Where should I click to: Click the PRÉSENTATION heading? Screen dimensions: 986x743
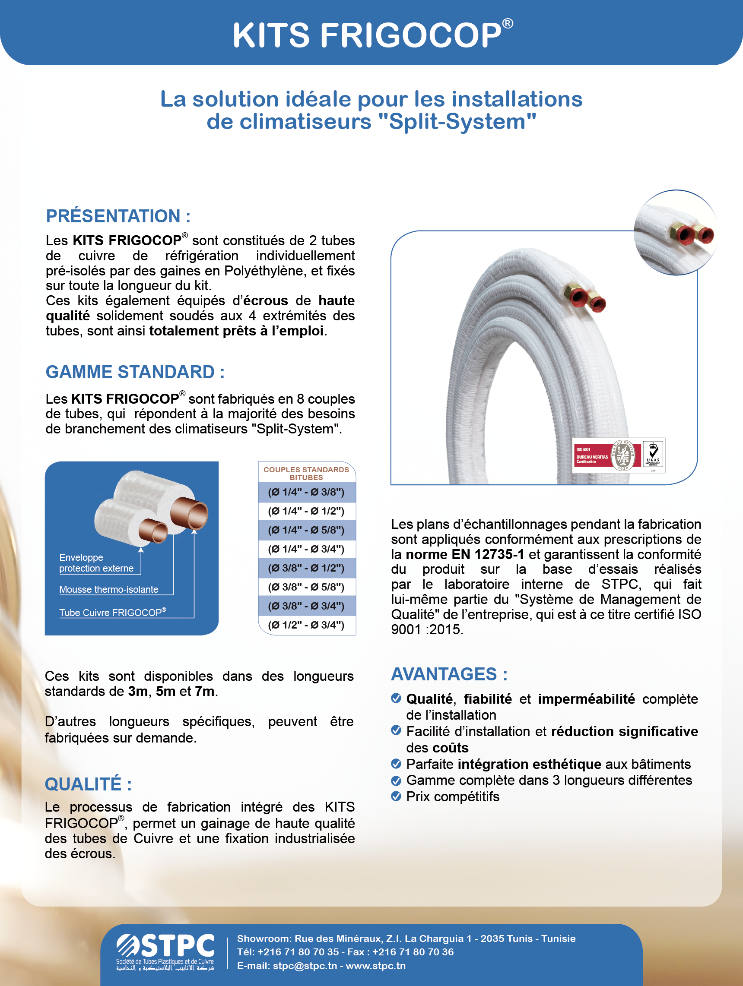pyautogui.click(x=118, y=216)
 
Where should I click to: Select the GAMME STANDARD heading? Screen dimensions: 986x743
pyautogui.click(x=135, y=372)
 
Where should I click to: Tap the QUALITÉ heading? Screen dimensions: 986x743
pyautogui.click(x=88, y=784)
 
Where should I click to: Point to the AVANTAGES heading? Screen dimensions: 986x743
pyautogui.click(x=449, y=674)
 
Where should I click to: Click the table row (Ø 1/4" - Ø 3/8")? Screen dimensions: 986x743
pyautogui.click(x=306, y=492)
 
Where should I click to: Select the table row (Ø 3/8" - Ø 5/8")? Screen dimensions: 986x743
pyautogui.click(x=306, y=587)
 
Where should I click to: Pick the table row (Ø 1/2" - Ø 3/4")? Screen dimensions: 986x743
pyautogui.click(x=306, y=625)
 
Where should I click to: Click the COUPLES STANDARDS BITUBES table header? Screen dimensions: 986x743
pyautogui.click(x=306, y=473)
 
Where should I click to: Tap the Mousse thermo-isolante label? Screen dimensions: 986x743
pyautogui.click(x=109, y=589)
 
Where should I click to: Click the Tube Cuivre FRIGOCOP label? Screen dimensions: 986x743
pyautogui.click(x=112, y=613)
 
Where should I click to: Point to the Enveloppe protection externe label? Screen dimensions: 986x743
pyautogui.click(x=96, y=563)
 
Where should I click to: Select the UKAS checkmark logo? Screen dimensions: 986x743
pyautogui.click(x=653, y=455)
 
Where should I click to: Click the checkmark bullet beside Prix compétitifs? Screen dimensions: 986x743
pyautogui.click(x=396, y=796)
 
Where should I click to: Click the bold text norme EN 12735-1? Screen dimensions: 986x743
pyautogui.click(x=464, y=554)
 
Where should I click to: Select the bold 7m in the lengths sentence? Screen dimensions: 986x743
pyautogui.click(x=204, y=691)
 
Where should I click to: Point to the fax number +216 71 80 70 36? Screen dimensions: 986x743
pyautogui.click(x=413, y=951)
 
